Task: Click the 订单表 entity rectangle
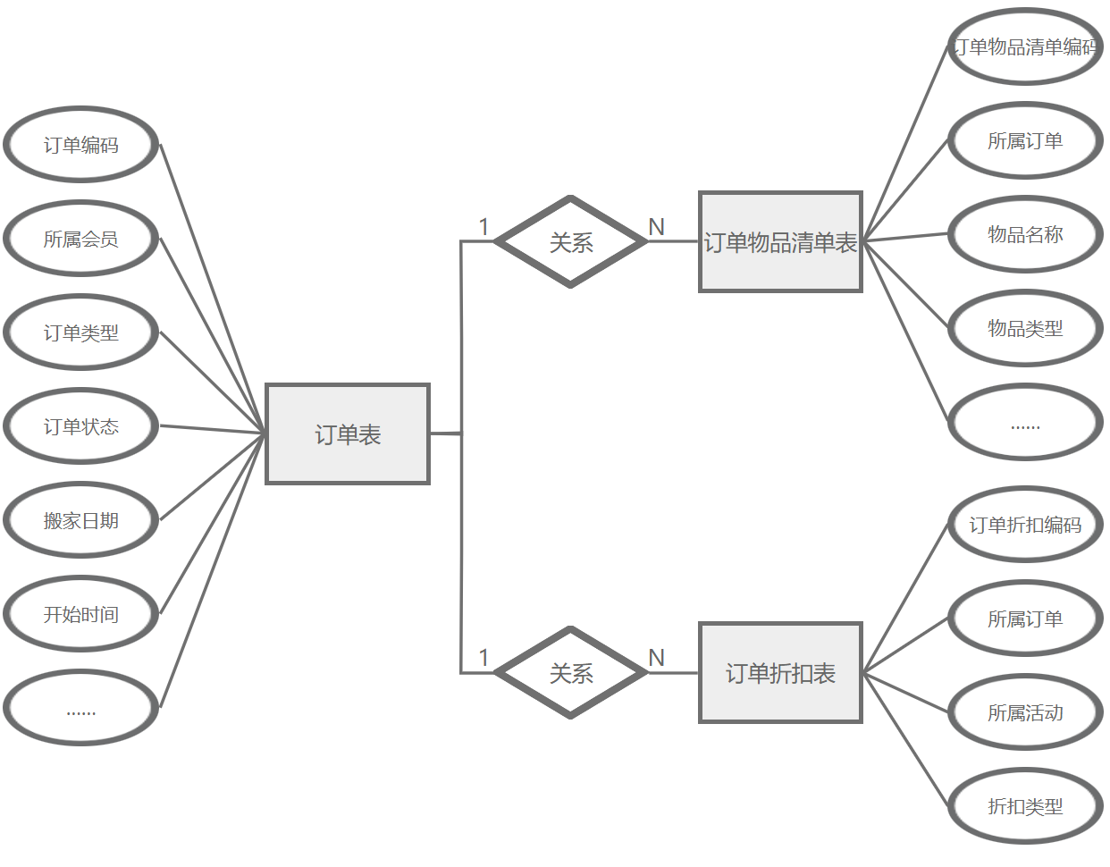[348, 434]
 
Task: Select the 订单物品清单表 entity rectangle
[780, 241]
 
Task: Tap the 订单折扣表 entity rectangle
[780, 673]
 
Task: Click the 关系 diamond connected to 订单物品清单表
[570, 241]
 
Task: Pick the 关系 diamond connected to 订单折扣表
[570, 673]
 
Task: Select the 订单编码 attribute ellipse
[81, 145]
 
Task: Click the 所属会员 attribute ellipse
[81, 239]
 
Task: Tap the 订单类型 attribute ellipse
[81, 332]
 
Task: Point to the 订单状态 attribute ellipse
[81, 426]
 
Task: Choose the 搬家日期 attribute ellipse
[81, 520]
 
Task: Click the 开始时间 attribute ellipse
[81, 614]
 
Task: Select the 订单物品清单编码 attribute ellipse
[1025, 46]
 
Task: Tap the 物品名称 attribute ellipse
[1025, 234]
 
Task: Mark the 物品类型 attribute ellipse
[1025, 328]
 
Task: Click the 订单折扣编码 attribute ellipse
[1025, 525]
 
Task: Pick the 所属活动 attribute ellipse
[1025, 712]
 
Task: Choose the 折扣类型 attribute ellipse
[1025, 806]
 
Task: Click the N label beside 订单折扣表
[657, 658]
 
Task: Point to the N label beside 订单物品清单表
[657, 227]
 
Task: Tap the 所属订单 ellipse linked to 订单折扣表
[1025, 619]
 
